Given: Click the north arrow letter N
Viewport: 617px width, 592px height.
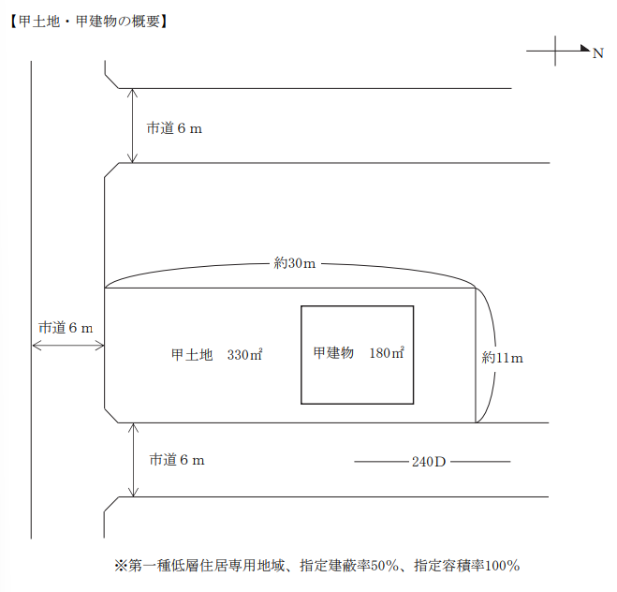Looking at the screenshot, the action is (x=597, y=53).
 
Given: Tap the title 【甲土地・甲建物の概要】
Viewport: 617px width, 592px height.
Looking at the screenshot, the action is (x=88, y=22).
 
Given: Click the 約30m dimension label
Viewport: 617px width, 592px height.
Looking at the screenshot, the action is (x=295, y=263).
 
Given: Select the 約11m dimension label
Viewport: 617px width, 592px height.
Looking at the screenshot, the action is (x=503, y=358).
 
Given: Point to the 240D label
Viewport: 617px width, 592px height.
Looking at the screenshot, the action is (x=429, y=462).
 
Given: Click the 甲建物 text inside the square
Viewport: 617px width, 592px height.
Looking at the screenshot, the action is (x=333, y=353).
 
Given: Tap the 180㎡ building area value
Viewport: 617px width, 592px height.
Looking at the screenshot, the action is (x=387, y=353).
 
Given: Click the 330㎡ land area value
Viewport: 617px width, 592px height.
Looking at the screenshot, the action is (x=244, y=355).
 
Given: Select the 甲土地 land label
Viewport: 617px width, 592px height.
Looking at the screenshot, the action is (x=192, y=355).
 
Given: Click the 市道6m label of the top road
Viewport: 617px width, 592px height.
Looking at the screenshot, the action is (x=174, y=128).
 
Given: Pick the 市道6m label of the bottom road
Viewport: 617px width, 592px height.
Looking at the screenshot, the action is (x=177, y=460).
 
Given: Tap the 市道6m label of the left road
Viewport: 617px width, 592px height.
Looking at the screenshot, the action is (x=66, y=328).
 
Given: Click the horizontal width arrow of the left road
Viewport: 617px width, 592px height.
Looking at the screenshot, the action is (x=68, y=346).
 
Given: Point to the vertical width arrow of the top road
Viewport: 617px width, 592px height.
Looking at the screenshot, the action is (x=133, y=126).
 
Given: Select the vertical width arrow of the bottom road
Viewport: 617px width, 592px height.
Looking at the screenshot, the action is (x=133, y=460).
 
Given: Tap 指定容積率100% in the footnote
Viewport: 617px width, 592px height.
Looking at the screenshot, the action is (x=466, y=566).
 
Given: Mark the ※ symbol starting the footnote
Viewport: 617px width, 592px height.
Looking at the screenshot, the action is (x=121, y=566).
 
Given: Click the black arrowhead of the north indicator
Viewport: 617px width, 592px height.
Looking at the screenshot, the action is (x=585, y=48).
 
